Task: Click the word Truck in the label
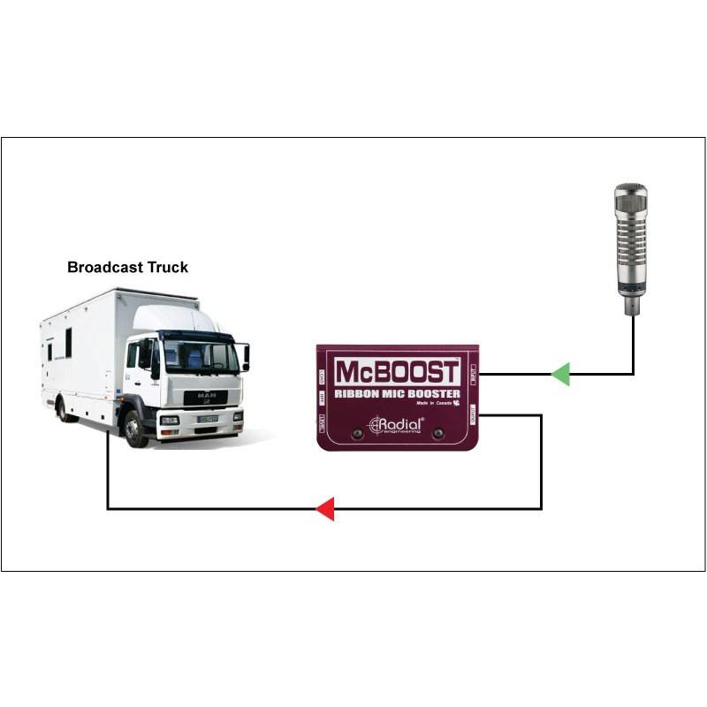(165, 267)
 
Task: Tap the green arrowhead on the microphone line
(560, 374)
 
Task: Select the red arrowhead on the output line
(325, 509)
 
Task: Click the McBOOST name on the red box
(397, 371)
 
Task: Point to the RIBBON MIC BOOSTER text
(397, 393)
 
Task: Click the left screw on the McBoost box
(357, 433)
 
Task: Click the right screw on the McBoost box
(437, 433)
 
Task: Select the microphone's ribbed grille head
(631, 234)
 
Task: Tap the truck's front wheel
(135, 428)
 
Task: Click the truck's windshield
(201, 356)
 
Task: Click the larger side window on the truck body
(68, 343)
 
